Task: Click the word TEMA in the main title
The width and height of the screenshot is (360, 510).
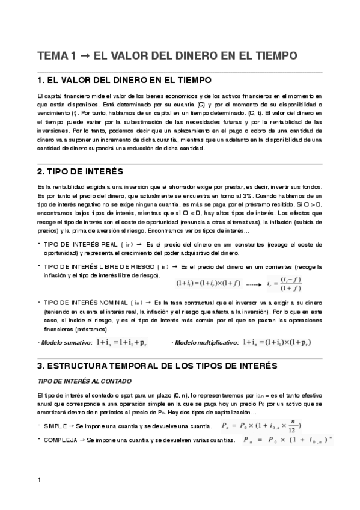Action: (x=53, y=56)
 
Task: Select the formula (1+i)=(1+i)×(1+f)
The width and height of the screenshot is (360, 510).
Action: (x=208, y=282)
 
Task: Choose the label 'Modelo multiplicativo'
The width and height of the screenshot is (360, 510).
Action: (x=202, y=342)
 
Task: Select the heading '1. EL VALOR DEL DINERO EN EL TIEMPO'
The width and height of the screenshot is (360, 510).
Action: (x=124, y=81)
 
